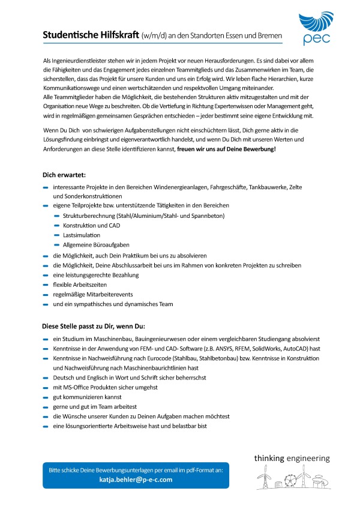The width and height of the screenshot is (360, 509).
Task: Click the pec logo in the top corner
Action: (x=314, y=29)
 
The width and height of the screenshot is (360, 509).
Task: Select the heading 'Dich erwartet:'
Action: (x=64, y=175)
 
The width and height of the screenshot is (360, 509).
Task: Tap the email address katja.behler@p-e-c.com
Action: (x=135, y=480)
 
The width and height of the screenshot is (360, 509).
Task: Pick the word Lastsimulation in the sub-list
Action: (x=82, y=235)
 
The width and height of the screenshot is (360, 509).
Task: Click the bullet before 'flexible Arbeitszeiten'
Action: (x=46, y=285)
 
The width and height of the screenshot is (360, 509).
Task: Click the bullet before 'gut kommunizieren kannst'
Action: (x=46, y=397)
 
